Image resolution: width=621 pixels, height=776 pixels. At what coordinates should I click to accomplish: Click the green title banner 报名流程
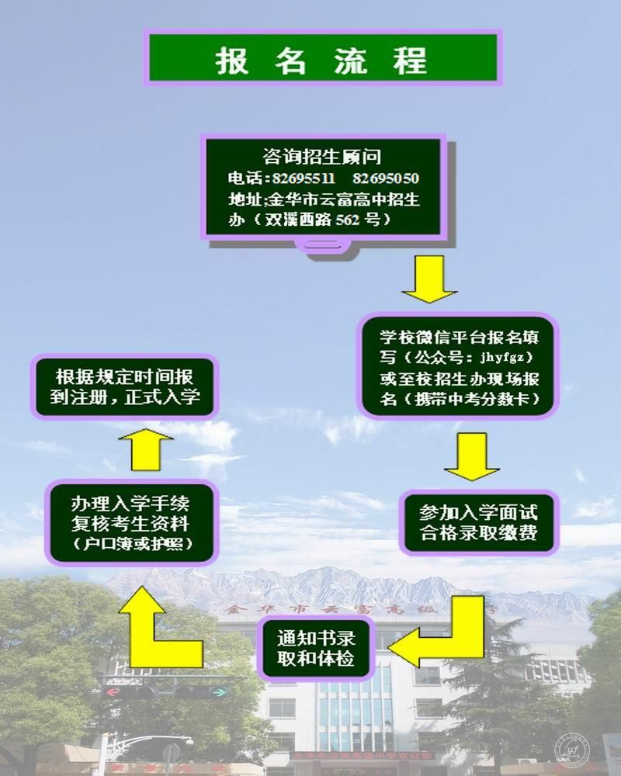click(321, 58)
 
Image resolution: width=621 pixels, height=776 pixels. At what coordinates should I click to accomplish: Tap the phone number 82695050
click(390, 179)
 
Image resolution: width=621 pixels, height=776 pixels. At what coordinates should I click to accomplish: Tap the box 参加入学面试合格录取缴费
click(478, 524)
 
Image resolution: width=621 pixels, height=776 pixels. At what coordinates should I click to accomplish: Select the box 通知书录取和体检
click(316, 649)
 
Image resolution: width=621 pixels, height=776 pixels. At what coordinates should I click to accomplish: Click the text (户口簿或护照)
click(130, 542)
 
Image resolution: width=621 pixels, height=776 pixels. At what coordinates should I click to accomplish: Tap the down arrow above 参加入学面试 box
click(471, 458)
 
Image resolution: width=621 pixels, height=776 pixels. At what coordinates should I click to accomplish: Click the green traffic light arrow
click(219, 690)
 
